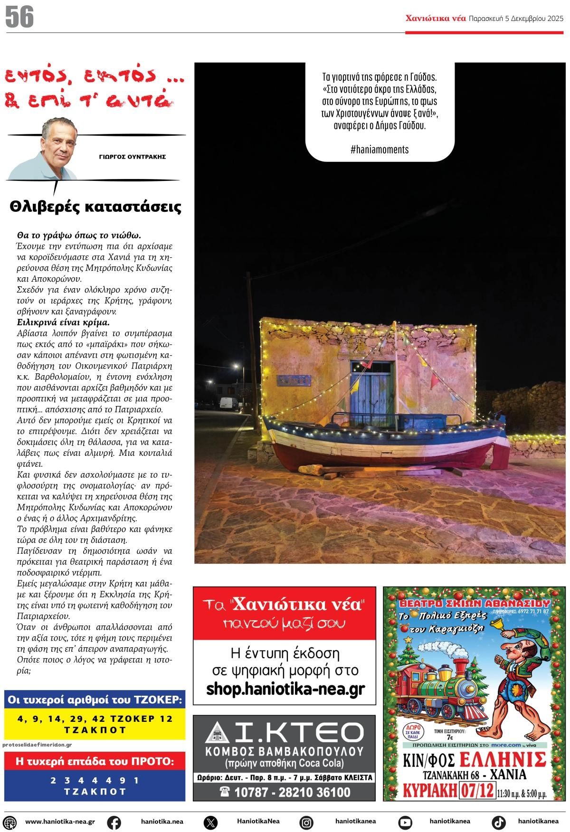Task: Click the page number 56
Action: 20,17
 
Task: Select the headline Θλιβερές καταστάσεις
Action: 95,207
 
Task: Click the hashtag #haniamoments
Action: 379,149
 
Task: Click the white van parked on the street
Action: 229,404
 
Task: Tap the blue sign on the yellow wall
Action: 294,381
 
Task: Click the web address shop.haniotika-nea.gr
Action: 285,689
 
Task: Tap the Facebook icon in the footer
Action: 114,822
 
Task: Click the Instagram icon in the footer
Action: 307,822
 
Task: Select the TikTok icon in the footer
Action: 498,822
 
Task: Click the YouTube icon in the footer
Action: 405,822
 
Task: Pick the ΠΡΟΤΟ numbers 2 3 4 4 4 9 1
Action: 95,780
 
